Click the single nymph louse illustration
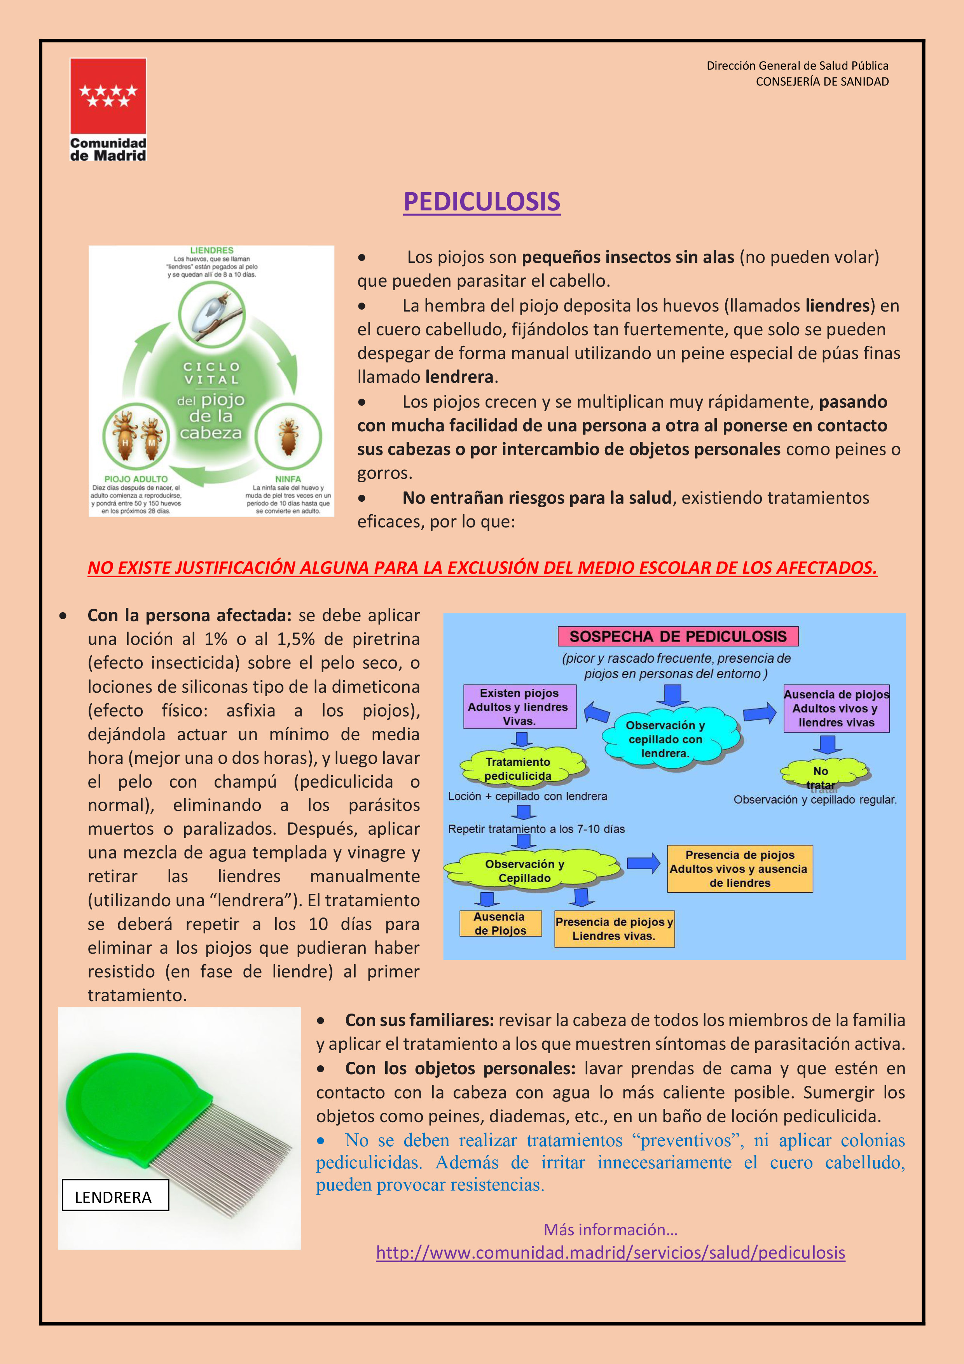click(288, 436)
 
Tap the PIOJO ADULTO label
click(136, 479)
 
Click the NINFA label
click(288, 479)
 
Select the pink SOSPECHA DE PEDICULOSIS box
click(678, 636)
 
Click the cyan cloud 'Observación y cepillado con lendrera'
click(666, 739)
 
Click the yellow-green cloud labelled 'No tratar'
click(822, 774)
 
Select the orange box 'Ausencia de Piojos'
click(500, 924)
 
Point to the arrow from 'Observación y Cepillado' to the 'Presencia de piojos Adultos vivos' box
click(643, 863)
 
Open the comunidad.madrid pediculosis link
click(610, 1253)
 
